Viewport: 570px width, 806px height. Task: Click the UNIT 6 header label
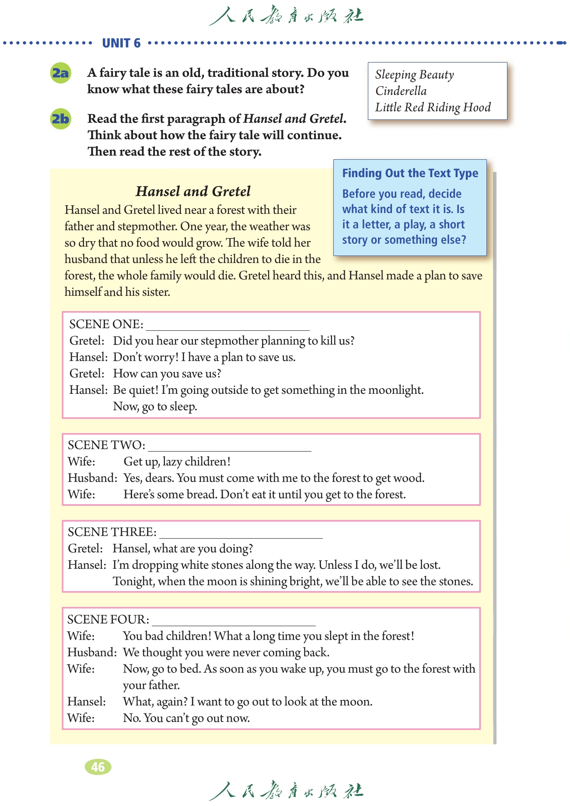(121, 43)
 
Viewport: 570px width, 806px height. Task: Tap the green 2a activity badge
(60, 73)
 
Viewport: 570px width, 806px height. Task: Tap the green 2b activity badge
(60, 119)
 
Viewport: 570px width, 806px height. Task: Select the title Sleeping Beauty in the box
(414, 75)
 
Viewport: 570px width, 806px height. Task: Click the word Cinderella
(401, 91)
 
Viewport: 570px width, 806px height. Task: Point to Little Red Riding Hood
(433, 107)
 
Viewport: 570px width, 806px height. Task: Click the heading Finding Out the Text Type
(410, 173)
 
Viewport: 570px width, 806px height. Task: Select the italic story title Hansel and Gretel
(193, 191)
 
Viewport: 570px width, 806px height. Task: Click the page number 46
(98, 767)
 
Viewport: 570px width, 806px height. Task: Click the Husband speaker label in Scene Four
(92, 652)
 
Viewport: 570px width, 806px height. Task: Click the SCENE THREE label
(112, 532)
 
